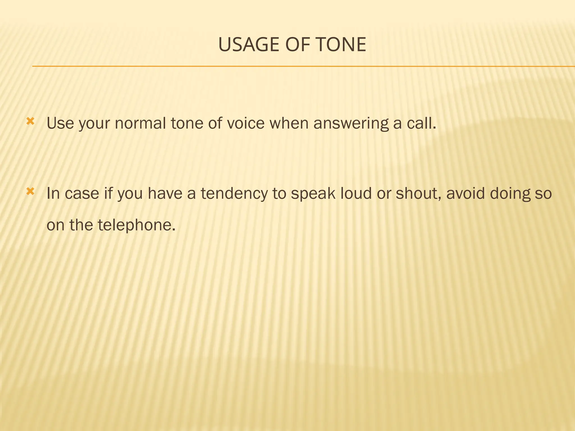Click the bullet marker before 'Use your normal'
point(30,121)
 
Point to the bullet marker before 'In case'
point(30,192)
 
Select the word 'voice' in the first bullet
point(246,123)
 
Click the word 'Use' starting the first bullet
point(60,123)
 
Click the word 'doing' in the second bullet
point(510,194)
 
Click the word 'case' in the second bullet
point(82,194)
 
